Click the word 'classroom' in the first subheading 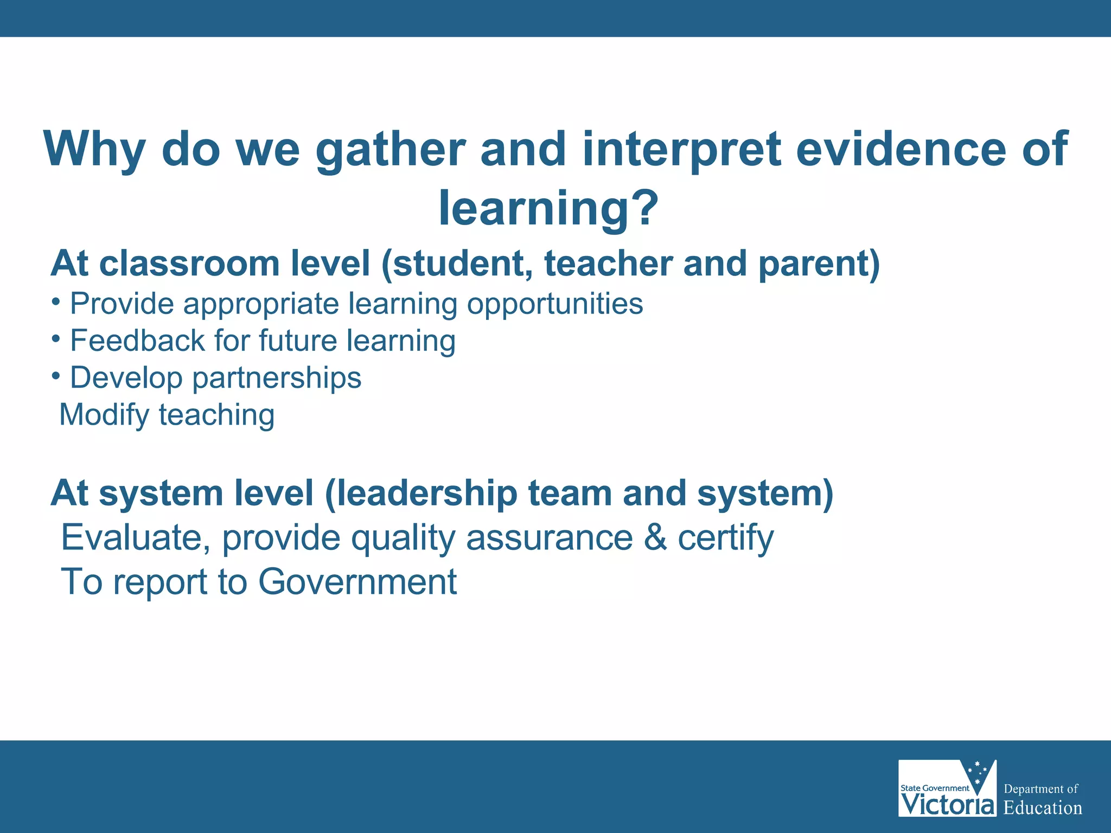189,264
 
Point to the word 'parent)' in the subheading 819,265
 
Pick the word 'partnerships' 277,378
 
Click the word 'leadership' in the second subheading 421,494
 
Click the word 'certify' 725,539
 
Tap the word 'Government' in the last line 357,582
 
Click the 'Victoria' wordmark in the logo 947,804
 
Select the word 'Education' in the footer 1042,808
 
